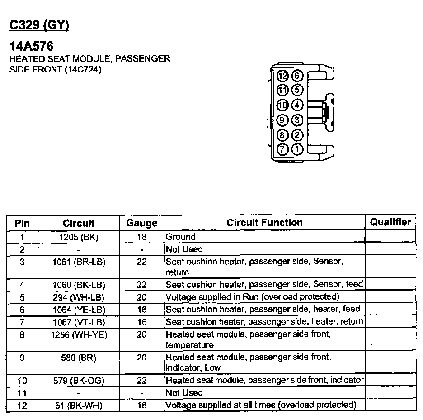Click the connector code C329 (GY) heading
39,25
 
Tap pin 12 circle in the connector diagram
282,76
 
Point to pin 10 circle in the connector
282,105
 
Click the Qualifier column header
390,222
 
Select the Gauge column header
141,223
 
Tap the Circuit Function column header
264,223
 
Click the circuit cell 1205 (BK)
79,237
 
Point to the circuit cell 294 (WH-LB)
79,297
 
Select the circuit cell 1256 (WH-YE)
79,334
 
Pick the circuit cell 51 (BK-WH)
79,405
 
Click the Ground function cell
181,237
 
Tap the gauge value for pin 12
141,405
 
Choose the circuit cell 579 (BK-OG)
79,380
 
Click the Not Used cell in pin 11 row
184,392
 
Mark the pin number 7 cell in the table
22,322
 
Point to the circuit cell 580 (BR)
79,357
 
